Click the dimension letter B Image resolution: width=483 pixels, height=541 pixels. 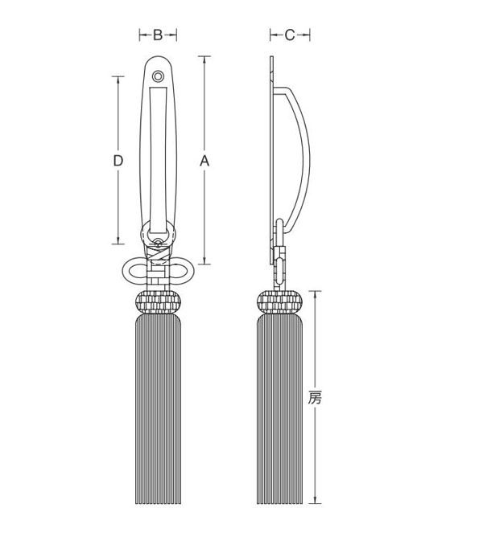click(158, 35)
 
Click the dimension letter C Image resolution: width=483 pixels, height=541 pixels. click(290, 35)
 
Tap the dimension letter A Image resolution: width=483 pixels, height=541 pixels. click(204, 161)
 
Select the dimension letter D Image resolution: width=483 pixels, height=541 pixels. click(118, 161)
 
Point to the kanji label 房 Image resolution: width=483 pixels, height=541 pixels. click(315, 397)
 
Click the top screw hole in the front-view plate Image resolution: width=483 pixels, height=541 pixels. click(158, 76)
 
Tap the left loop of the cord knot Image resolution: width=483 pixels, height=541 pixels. click(135, 271)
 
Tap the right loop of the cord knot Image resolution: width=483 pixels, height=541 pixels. click(181, 271)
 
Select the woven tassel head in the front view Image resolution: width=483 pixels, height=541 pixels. click(158, 302)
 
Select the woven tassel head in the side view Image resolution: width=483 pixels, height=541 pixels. click(280, 302)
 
